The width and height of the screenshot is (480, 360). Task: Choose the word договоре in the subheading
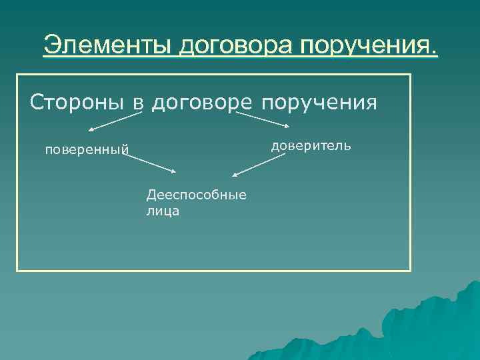coord(202,103)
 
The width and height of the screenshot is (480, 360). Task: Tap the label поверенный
coord(86,149)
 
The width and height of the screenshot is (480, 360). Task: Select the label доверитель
coord(311,145)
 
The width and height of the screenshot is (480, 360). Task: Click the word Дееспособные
coord(196,195)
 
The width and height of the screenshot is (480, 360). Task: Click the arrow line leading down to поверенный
coord(115,121)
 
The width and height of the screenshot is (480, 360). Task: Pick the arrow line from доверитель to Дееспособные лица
coord(259,165)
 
